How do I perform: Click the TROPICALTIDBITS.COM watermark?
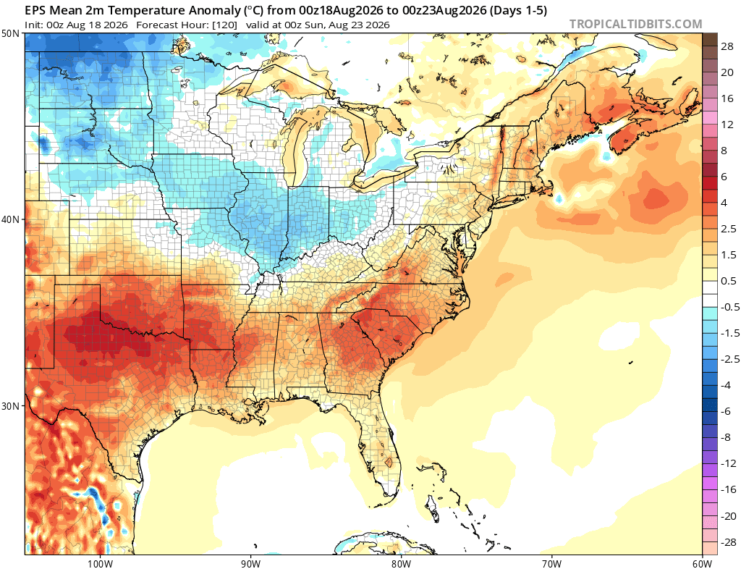635,24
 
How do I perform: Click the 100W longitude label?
100,563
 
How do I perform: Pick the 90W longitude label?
250,563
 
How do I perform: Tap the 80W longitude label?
400,563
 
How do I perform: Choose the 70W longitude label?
551,563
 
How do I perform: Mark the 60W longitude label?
702,563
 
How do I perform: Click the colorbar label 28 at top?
727,46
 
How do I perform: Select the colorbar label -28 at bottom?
727,542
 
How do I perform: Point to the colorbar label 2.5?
728,229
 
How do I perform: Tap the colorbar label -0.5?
729,307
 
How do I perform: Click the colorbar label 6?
724,177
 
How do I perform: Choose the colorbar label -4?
725,385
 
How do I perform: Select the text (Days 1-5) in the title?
518,10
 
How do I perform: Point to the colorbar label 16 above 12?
727,98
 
